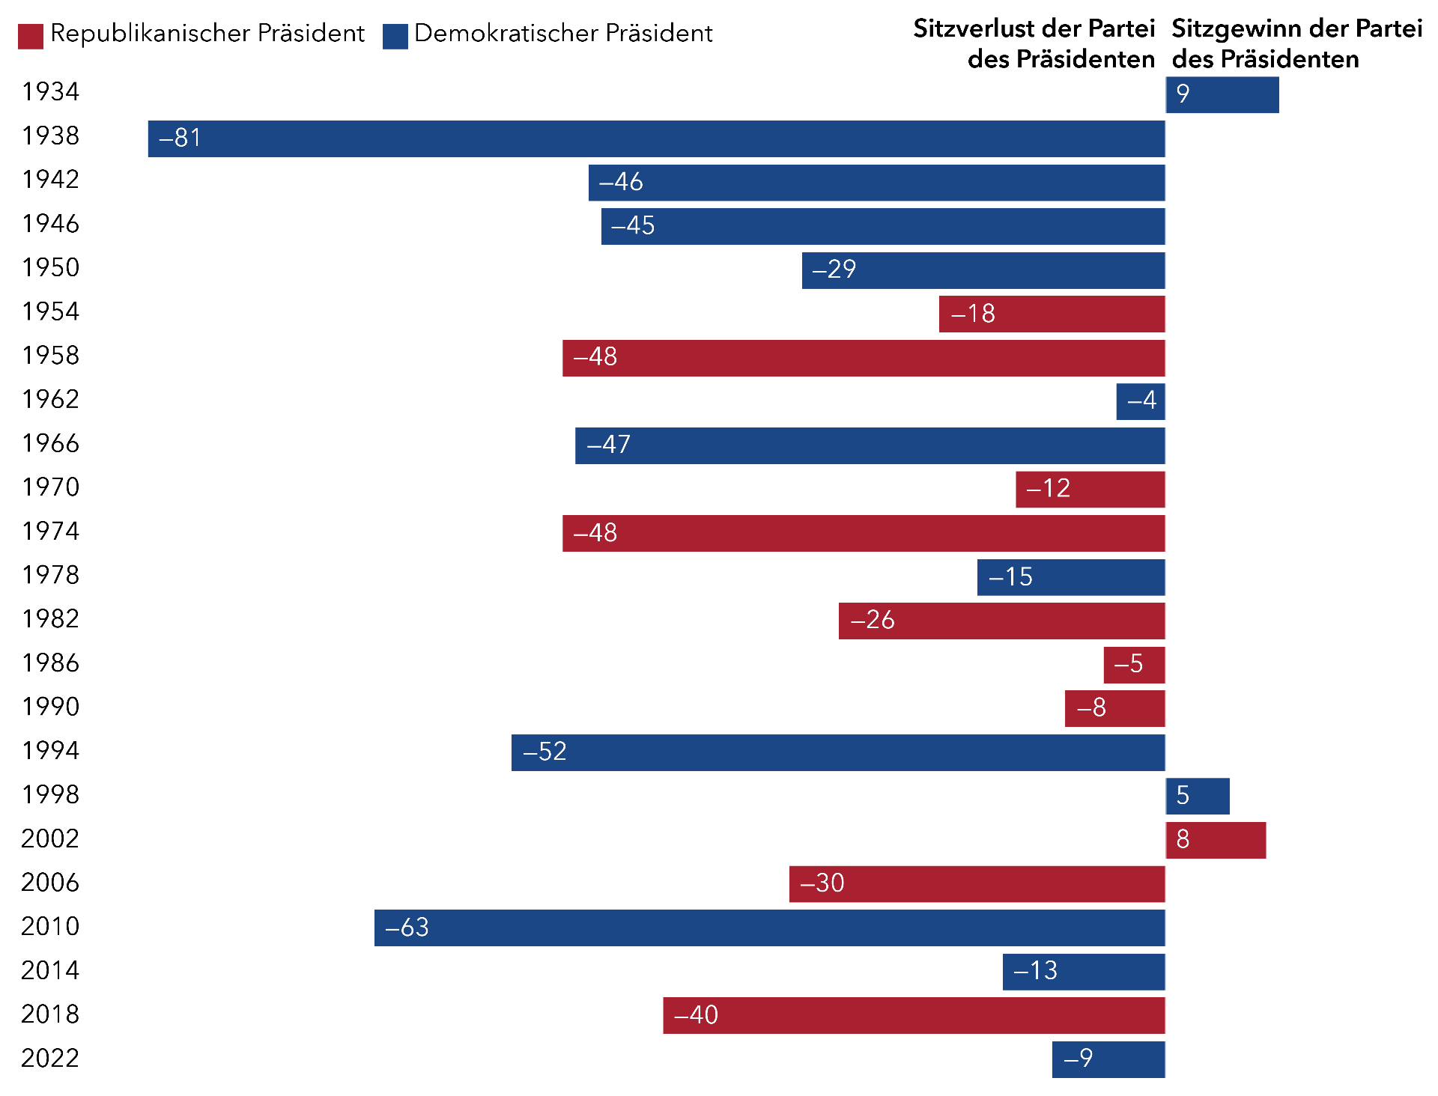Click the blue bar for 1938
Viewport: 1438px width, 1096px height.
[x=656, y=138]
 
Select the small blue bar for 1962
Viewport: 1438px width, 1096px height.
[x=1140, y=401]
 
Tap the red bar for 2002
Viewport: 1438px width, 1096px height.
[x=1215, y=840]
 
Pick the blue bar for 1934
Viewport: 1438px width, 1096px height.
[x=1222, y=95]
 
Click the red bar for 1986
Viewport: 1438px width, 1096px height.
[x=1133, y=665]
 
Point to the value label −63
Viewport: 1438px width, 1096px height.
[x=407, y=928]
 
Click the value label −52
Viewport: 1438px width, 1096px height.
[x=544, y=752]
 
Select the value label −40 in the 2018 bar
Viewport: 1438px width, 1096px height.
[x=696, y=1015]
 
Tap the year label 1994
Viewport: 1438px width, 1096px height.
[x=50, y=750]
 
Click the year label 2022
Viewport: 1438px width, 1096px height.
[x=50, y=1058]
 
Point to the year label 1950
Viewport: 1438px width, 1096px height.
[x=50, y=267]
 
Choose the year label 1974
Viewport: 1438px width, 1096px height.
[x=50, y=531]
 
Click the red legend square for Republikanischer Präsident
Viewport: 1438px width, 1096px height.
[x=31, y=36]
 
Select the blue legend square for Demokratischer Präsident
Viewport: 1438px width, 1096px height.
[x=395, y=36]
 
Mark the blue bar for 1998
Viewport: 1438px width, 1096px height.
[x=1197, y=796]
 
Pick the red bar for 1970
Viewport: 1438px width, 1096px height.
[x=1090, y=490]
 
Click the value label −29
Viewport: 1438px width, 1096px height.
[x=834, y=270]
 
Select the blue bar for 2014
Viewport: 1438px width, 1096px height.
[x=1083, y=972]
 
